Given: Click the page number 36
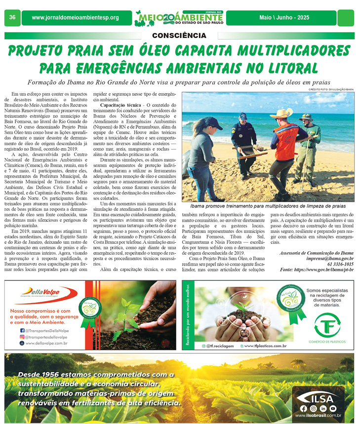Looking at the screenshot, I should (x=12, y=18).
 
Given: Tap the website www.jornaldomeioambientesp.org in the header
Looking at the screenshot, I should (x=75, y=18).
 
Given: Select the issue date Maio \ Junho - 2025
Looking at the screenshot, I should (x=284, y=18).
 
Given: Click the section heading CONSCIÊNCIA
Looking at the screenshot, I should (x=179, y=36).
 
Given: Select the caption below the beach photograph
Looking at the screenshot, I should (x=268, y=205).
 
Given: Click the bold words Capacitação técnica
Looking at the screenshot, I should (x=119, y=106).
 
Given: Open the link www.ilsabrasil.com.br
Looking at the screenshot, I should (x=318, y=416).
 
